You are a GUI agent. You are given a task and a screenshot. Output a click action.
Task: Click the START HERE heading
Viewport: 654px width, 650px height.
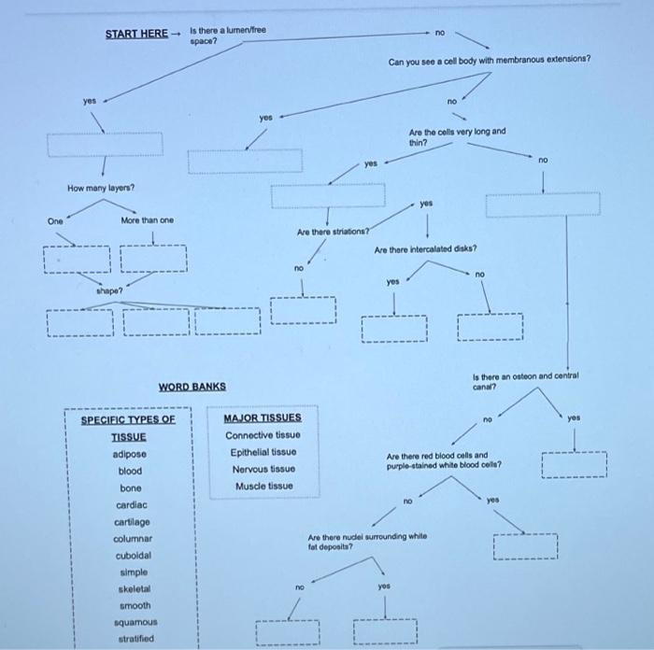tap(136, 34)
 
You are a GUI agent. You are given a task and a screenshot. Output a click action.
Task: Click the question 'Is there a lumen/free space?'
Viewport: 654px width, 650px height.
tap(228, 35)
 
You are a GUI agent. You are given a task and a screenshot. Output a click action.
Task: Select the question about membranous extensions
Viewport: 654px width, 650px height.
tap(490, 61)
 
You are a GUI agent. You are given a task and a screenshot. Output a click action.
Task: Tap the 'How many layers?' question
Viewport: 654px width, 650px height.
tap(101, 188)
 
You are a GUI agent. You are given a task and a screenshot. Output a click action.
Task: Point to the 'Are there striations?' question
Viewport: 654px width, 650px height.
tap(333, 230)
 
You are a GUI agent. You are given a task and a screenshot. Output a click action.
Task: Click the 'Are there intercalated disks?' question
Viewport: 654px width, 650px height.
tap(426, 249)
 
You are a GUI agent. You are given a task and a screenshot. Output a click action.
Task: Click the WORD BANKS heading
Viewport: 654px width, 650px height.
tap(192, 386)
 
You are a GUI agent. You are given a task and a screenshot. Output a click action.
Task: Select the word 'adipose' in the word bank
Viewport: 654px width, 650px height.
tap(129, 454)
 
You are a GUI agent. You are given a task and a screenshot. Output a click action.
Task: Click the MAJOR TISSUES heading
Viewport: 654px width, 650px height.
tap(263, 417)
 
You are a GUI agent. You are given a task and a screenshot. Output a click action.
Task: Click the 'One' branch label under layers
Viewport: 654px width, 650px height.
tap(56, 220)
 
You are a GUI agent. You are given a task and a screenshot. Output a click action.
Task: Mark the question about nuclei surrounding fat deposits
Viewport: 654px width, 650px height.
tap(367, 542)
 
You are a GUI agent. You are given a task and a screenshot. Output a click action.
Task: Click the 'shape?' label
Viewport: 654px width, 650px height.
tap(109, 290)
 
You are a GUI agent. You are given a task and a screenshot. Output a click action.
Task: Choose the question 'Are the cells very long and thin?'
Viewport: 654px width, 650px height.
tap(457, 136)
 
